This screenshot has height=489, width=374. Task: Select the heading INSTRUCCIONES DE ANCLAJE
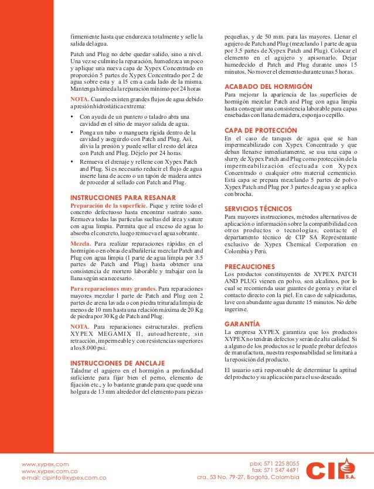[x=117, y=363]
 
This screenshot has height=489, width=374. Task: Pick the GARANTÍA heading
[x=242, y=323]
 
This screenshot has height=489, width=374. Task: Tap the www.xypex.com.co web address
[x=50, y=470]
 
